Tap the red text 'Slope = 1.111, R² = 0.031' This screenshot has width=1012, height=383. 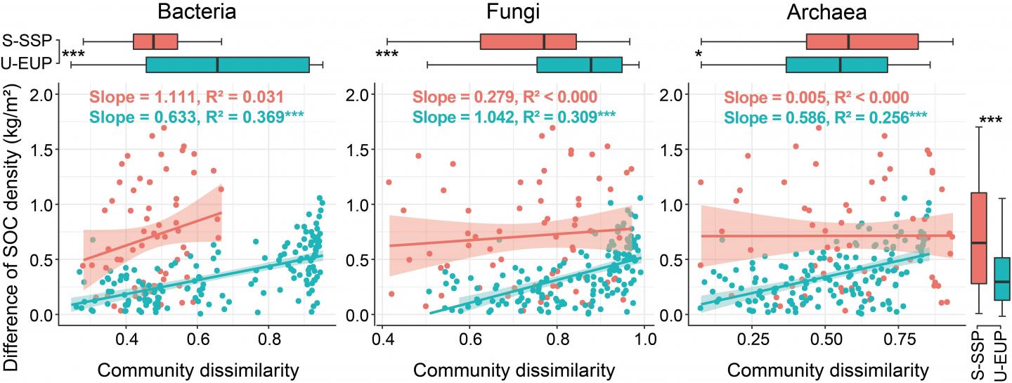point(186,98)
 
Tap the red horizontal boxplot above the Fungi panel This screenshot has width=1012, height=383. point(528,41)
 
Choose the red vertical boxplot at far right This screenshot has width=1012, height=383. point(978,238)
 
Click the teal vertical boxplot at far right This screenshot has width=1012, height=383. point(1001,279)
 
